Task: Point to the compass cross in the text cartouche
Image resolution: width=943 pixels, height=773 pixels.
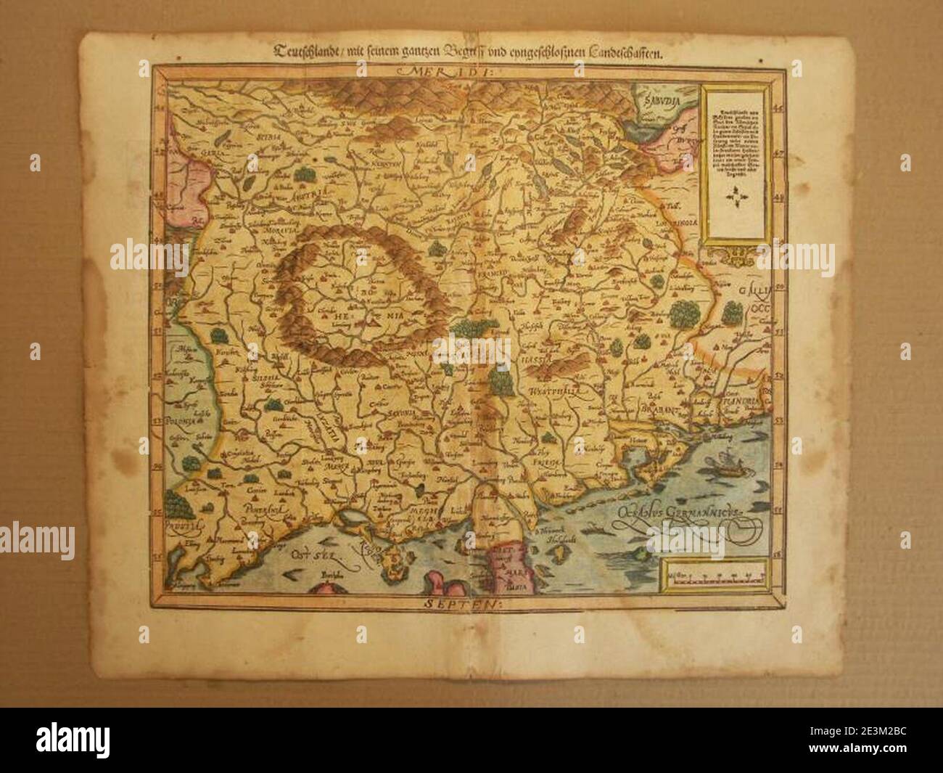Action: tap(738, 197)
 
